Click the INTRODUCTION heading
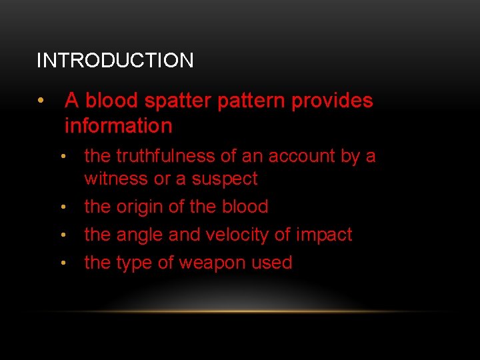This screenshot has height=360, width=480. point(115,61)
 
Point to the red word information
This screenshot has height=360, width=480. point(118,125)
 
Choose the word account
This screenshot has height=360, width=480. point(299,156)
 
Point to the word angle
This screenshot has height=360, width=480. point(141,235)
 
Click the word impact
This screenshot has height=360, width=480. point(325,235)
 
